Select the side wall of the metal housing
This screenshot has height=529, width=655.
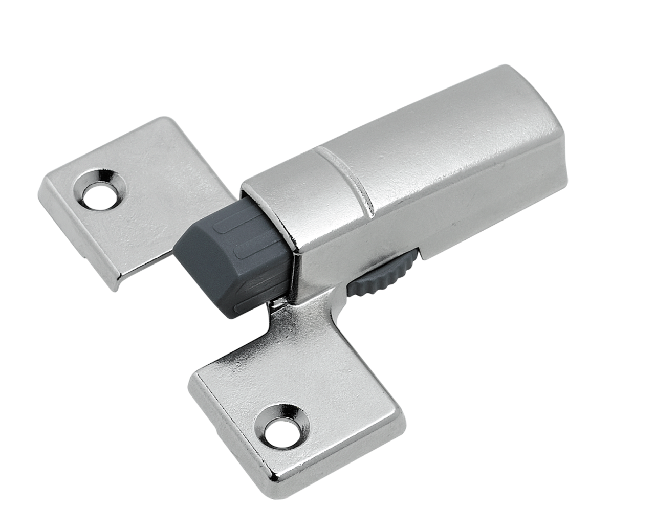tap(435, 215)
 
